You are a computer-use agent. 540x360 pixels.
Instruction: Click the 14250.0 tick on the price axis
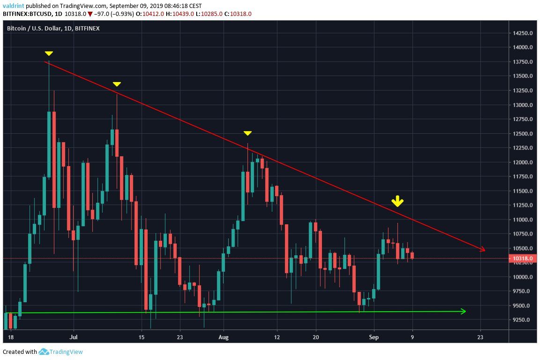click(x=523, y=33)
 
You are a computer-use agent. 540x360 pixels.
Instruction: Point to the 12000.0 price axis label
click(x=523, y=163)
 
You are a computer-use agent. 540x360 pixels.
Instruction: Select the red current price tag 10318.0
click(x=522, y=258)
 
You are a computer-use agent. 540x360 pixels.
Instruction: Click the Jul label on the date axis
click(x=73, y=337)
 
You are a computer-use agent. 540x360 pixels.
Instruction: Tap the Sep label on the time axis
click(x=374, y=337)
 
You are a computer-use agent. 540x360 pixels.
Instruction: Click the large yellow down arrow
click(x=397, y=202)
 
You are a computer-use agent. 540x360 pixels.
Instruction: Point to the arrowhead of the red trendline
click(x=483, y=250)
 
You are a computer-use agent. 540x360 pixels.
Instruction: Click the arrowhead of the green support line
click(x=464, y=311)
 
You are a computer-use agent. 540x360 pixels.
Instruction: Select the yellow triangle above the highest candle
click(x=49, y=53)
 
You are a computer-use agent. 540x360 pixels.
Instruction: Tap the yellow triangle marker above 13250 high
click(x=117, y=84)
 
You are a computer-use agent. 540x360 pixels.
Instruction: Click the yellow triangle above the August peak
click(x=248, y=134)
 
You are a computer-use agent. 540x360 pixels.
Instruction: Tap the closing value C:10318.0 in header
click(x=238, y=14)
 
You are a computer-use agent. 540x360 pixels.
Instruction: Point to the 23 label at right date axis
click(x=480, y=337)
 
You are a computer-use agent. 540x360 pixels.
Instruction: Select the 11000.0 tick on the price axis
click(x=523, y=220)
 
